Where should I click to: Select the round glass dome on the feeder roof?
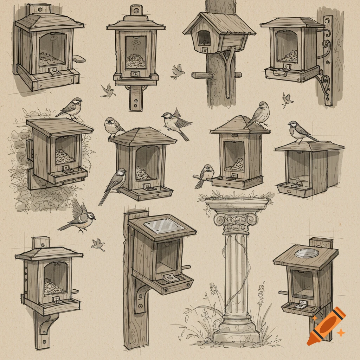(x=307, y=253)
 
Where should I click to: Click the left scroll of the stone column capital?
(x=219, y=220)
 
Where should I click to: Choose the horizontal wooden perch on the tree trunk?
(x=202, y=75)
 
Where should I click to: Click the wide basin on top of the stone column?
(x=238, y=203)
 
